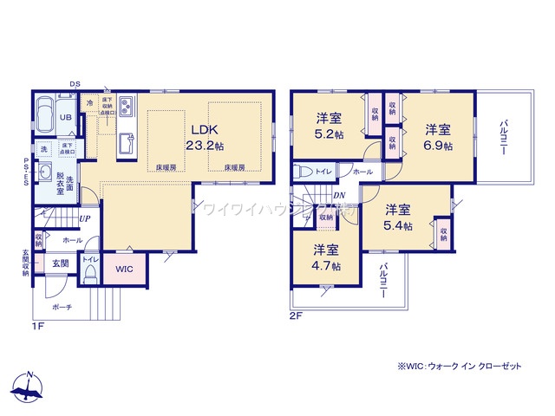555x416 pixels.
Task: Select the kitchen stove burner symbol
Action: point(124,107)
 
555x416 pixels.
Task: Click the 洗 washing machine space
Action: point(39,148)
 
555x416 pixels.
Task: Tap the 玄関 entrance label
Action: point(60,263)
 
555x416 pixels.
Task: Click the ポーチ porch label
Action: point(62,307)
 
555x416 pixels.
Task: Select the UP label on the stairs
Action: point(85,218)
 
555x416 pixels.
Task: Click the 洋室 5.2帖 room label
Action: point(328,126)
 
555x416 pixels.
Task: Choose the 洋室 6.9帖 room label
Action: point(438,137)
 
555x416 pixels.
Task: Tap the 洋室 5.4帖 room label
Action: point(398,217)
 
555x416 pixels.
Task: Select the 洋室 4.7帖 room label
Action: point(327,257)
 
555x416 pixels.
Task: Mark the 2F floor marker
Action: point(297,317)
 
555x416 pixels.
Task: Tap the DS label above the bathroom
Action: point(75,84)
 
